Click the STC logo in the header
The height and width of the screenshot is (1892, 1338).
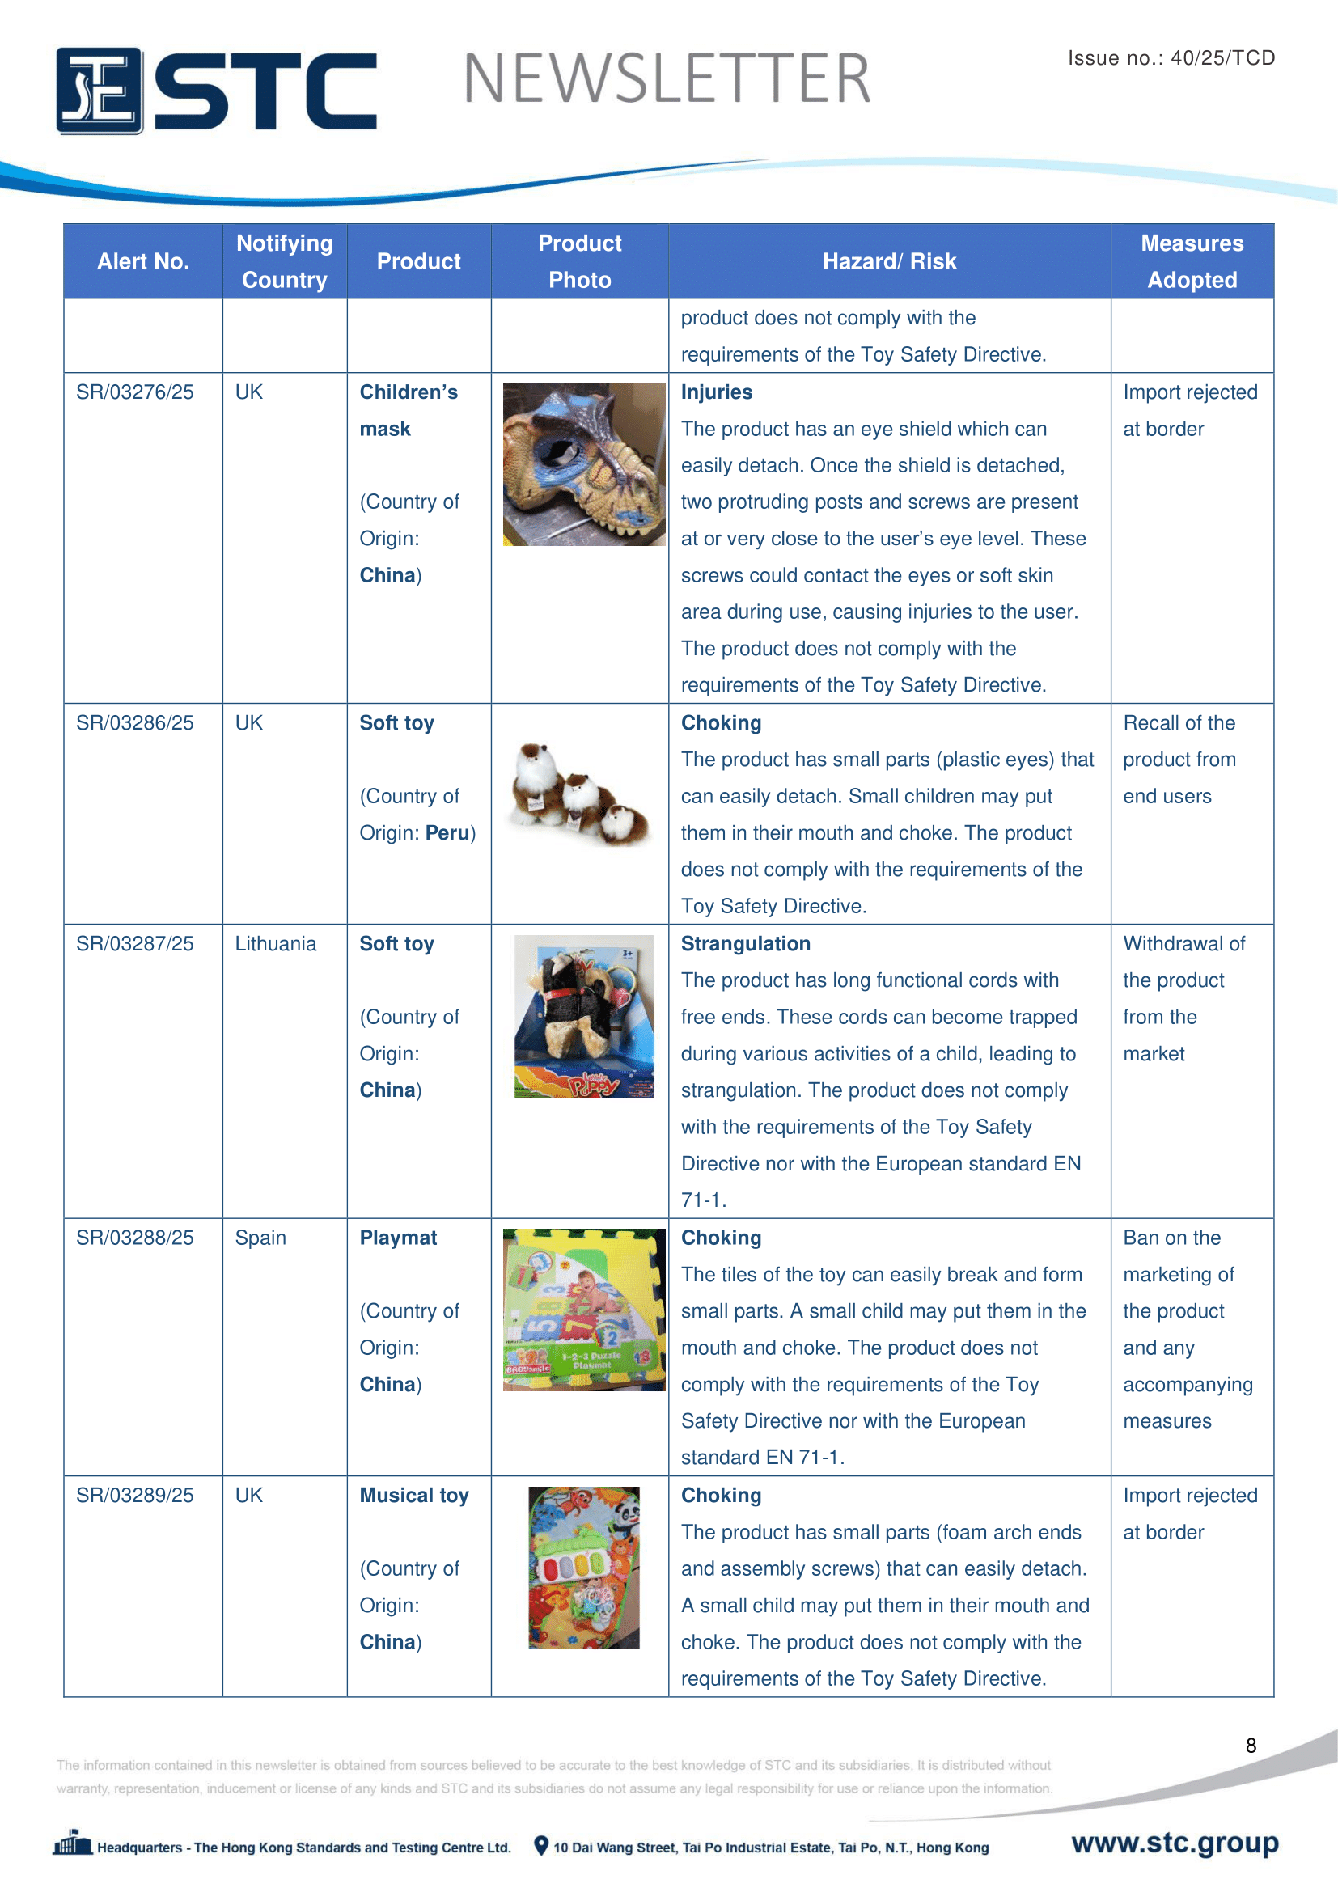pos(216,90)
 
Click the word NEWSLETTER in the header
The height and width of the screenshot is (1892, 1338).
pos(667,79)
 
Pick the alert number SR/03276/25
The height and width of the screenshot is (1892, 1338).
pos(135,392)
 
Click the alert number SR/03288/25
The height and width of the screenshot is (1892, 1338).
pos(135,1238)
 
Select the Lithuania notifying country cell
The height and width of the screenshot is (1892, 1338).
pos(275,943)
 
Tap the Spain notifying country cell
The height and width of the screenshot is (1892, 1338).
pos(260,1238)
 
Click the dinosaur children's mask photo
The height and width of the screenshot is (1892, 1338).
pos(583,464)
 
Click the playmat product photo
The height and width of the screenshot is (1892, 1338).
pos(583,1310)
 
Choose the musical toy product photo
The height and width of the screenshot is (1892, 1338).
pos(583,1568)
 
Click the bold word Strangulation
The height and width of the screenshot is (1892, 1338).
pos(745,943)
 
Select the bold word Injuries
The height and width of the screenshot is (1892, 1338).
pos(716,392)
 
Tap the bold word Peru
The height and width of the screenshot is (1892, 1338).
pos(447,833)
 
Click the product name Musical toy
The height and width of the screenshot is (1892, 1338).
pos(413,1496)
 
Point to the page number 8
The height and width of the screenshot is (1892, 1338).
pos(1250,1746)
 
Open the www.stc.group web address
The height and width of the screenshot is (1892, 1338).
pos(1174,1843)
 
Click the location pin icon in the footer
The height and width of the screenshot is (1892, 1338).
pos(540,1846)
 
